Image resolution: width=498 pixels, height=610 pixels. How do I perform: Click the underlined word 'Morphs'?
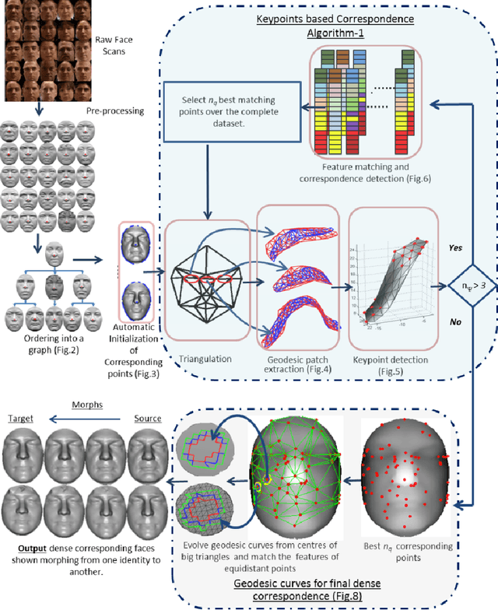click(87, 405)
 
